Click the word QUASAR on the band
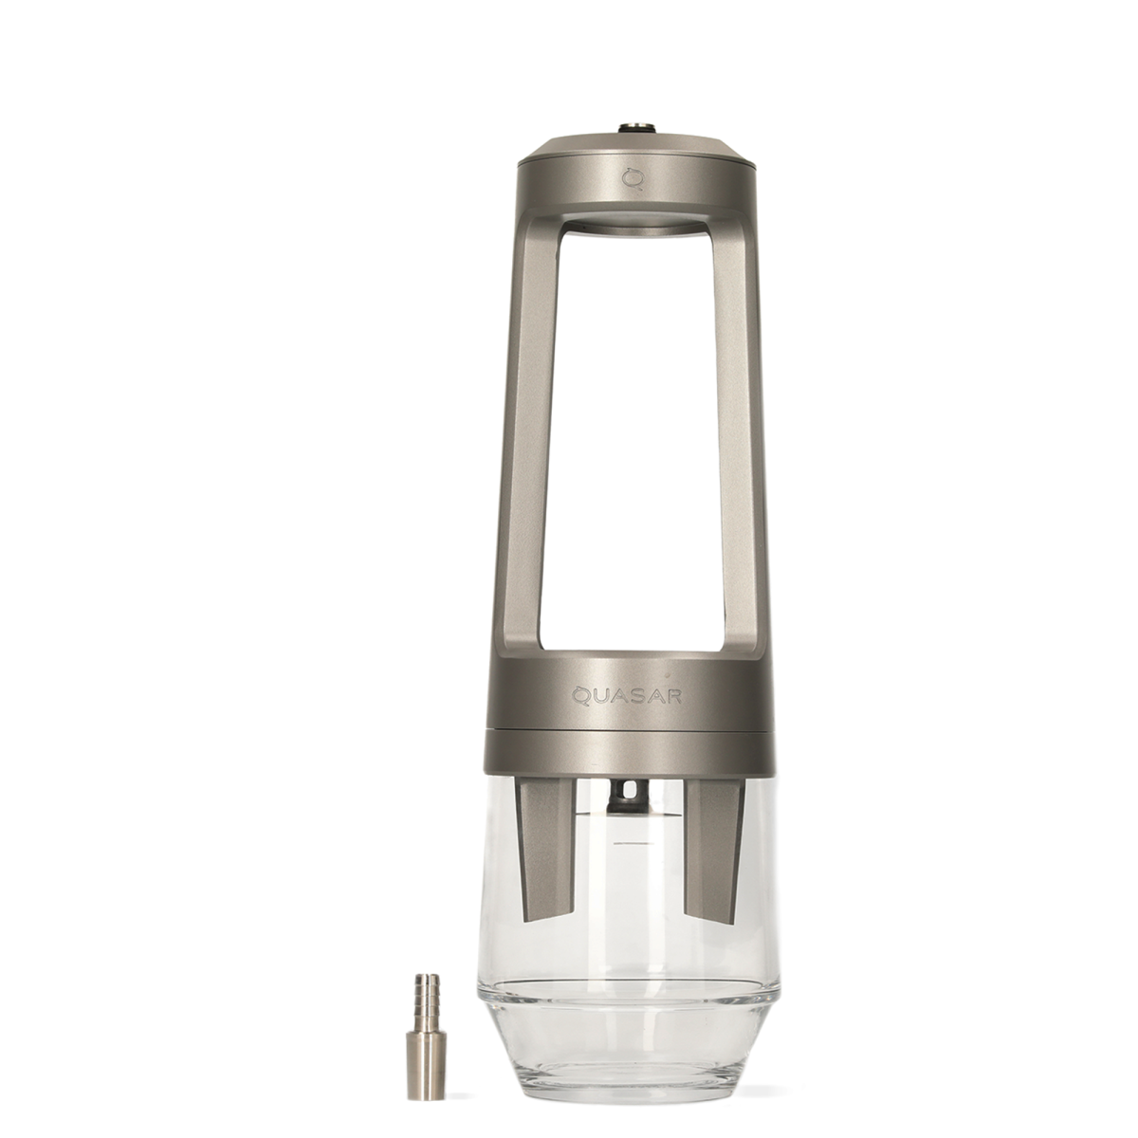(x=627, y=697)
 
